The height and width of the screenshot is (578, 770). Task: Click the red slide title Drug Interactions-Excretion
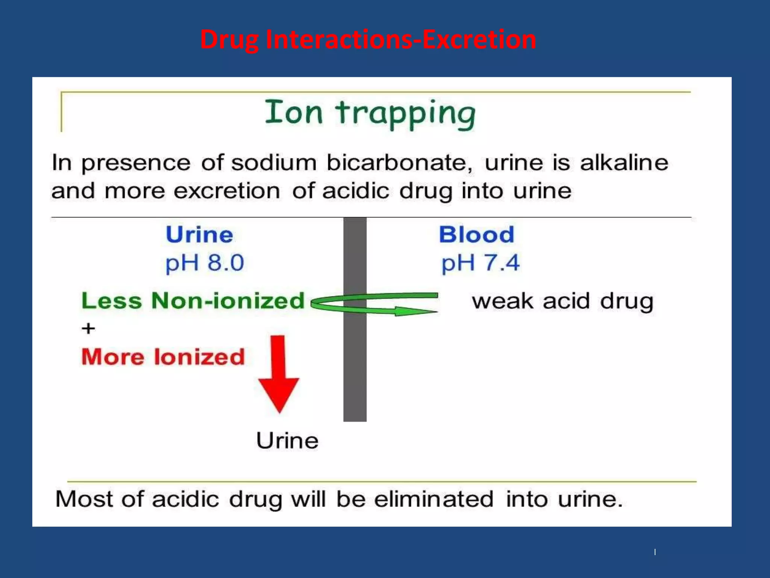click(x=368, y=40)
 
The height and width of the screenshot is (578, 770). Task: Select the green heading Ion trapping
click(x=370, y=113)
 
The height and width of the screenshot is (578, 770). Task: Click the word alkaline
click(x=624, y=163)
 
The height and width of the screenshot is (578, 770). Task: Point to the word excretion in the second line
click(x=227, y=191)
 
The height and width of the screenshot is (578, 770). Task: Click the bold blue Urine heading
click(x=200, y=235)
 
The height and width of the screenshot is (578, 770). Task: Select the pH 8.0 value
click(x=205, y=263)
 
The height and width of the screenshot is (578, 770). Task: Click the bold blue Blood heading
click(x=476, y=235)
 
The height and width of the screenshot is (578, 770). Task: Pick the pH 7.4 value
click(x=480, y=263)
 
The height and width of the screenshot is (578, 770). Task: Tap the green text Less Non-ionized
click(x=193, y=301)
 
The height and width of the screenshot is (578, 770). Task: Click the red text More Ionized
click(x=163, y=357)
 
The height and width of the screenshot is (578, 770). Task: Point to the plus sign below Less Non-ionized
click(x=88, y=329)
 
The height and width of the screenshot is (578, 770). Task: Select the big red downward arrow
click(x=279, y=380)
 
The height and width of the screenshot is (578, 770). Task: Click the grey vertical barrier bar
click(x=355, y=369)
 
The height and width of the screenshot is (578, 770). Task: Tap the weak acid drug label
click(x=562, y=301)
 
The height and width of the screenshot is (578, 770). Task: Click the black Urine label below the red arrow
click(x=287, y=441)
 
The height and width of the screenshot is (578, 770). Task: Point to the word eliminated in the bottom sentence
click(x=434, y=499)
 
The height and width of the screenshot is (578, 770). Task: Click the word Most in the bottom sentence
click(x=84, y=499)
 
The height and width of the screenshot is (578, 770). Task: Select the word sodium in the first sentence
click(x=274, y=163)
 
